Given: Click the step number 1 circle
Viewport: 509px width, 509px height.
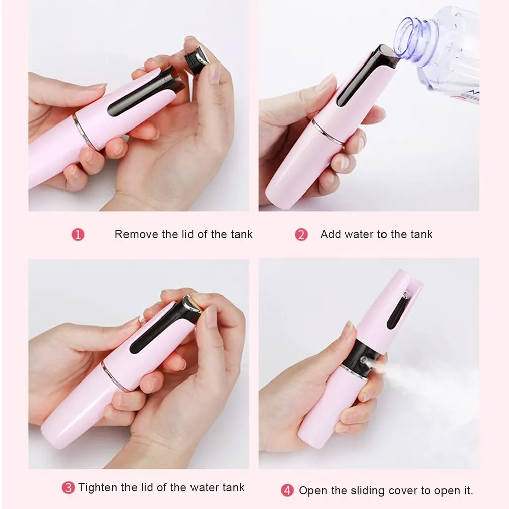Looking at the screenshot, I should tap(78, 235).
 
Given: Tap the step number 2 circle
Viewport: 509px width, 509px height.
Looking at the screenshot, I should tap(301, 235).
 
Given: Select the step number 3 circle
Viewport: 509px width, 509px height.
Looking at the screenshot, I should tap(68, 488).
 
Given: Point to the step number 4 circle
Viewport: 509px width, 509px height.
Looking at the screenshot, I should tap(287, 490).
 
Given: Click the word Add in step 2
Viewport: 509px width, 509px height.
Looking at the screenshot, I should tap(331, 234).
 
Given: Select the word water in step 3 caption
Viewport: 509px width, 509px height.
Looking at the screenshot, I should tap(205, 487).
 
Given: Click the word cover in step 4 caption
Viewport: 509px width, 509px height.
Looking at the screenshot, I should tap(406, 490).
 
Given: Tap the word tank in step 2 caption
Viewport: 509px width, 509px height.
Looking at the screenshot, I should tap(421, 234).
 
